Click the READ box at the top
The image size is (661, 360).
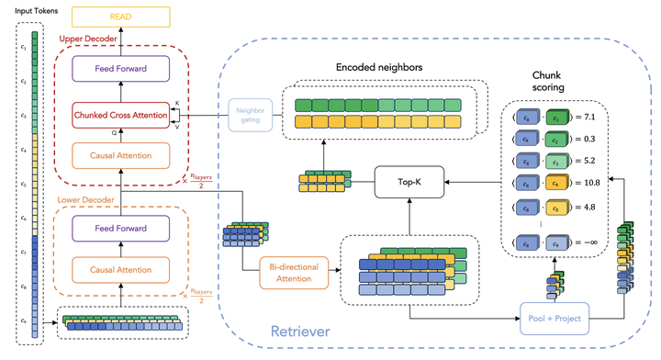(x=120, y=17)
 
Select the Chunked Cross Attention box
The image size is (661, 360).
(x=120, y=116)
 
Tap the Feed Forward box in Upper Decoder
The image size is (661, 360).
(x=120, y=68)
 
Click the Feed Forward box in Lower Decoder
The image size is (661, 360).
(x=120, y=227)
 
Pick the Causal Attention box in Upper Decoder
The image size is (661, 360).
(x=120, y=156)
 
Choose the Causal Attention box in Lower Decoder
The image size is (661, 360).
(x=120, y=269)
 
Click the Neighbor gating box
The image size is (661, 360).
(x=249, y=116)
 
